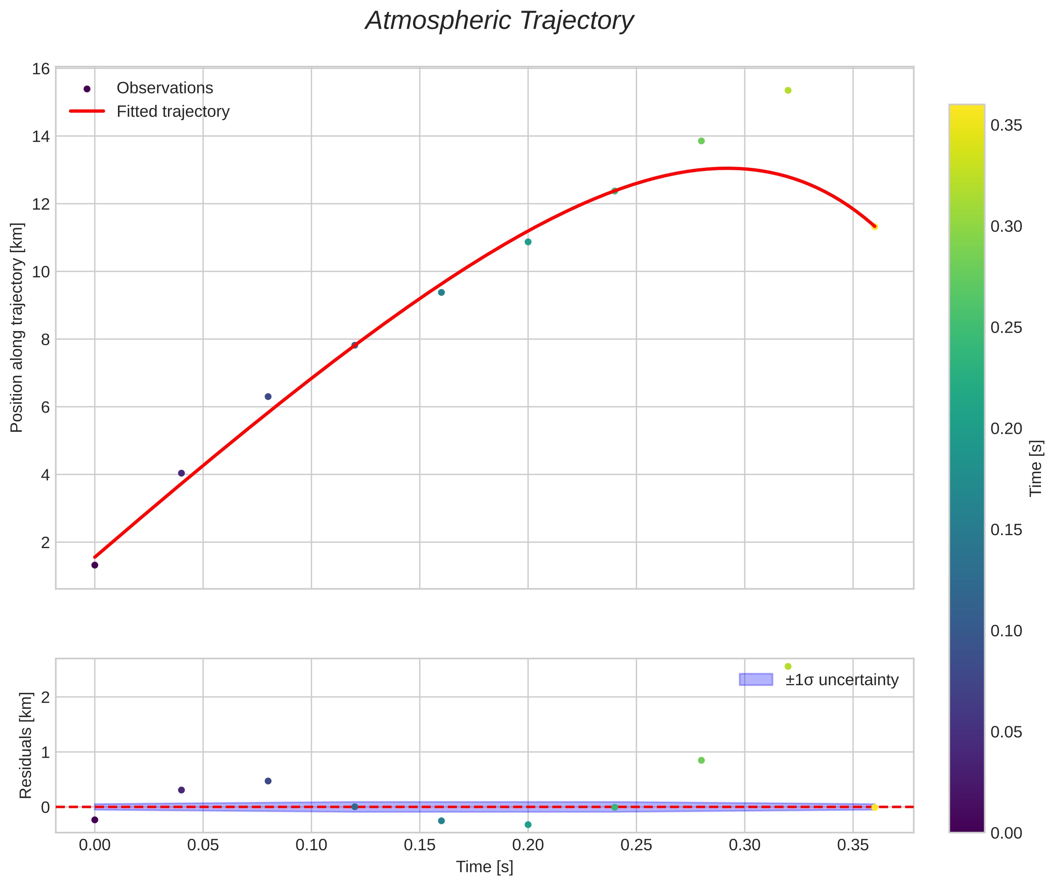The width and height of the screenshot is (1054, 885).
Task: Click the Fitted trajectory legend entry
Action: [x=150, y=112]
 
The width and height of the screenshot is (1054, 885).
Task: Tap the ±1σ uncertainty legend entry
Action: [x=819, y=680]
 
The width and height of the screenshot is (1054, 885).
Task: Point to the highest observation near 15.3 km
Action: [x=788, y=90]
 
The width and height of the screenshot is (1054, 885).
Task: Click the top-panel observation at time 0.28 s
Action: [x=701, y=141]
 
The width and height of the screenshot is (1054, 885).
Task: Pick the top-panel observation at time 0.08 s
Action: [x=268, y=396]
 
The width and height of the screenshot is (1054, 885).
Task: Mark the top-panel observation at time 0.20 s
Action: [x=528, y=242]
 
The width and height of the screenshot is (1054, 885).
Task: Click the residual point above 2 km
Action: [x=788, y=666]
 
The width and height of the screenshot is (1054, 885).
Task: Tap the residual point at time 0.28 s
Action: [x=701, y=760]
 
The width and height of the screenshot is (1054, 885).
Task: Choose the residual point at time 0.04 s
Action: [x=182, y=790]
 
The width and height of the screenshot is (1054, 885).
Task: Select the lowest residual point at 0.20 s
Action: [x=528, y=824]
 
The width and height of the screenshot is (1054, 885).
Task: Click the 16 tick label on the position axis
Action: [x=41, y=69]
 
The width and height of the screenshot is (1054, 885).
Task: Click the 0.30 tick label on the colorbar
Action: [x=1006, y=226]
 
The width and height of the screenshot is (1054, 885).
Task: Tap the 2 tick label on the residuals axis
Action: [x=46, y=697]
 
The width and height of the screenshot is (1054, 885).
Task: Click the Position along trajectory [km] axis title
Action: [x=17, y=327]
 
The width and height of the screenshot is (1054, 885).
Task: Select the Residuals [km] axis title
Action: [x=26, y=746]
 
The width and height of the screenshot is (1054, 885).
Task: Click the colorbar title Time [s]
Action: [x=1036, y=468]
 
